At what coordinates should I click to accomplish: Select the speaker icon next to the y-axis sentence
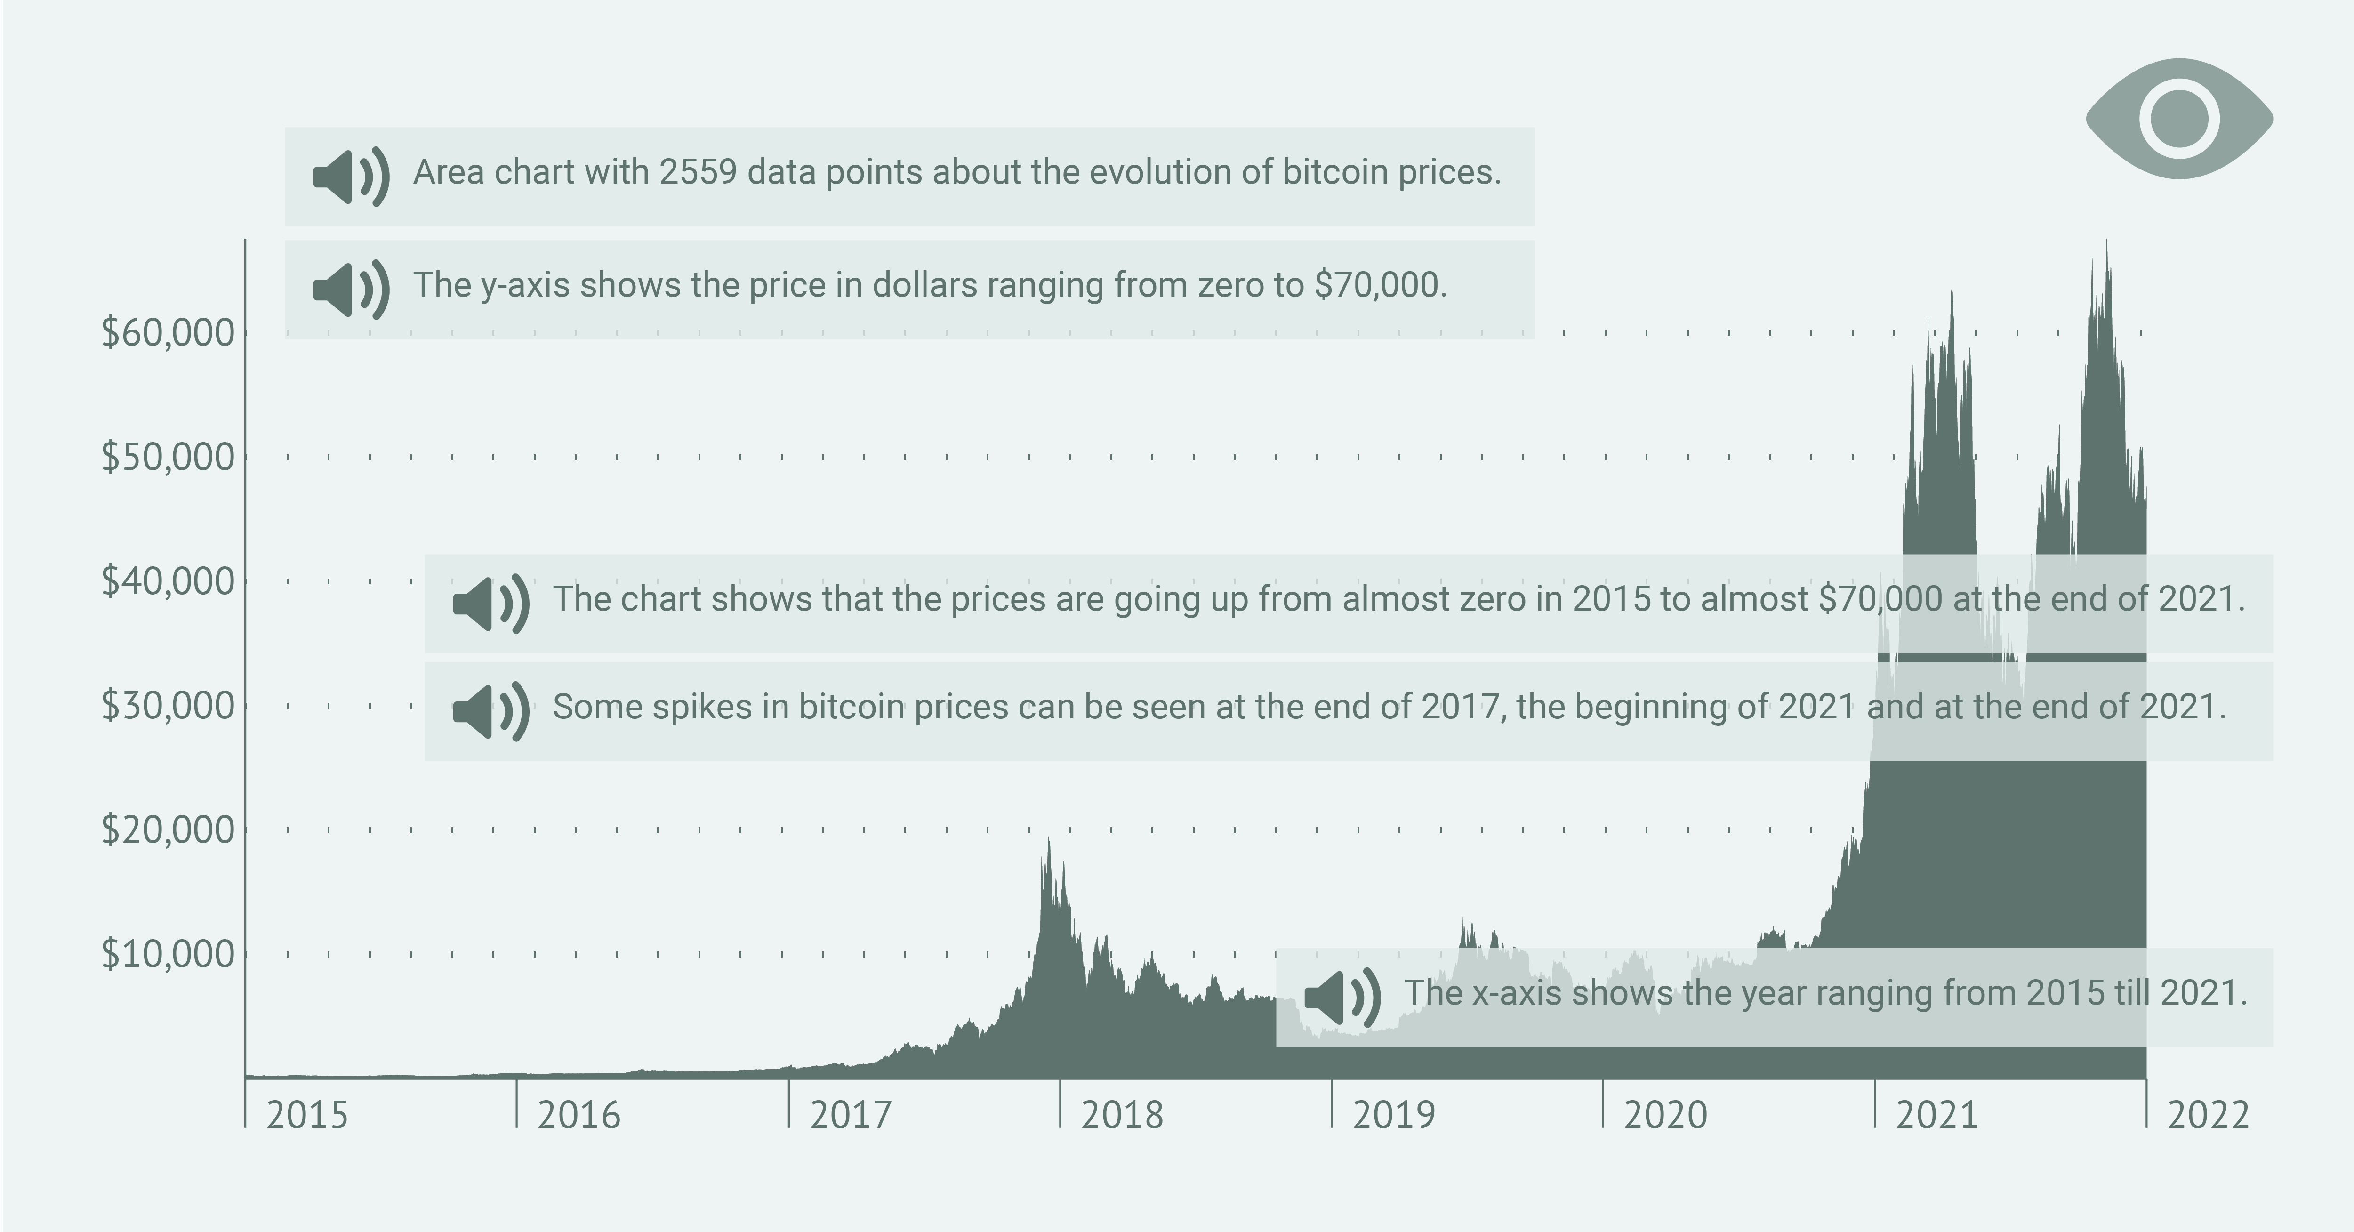point(351,289)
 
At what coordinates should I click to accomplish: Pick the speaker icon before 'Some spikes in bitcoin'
point(491,710)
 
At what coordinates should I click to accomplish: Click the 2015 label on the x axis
point(307,1116)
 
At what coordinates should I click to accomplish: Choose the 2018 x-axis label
point(1122,1116)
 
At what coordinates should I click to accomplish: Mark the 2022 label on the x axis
point(2208,1116)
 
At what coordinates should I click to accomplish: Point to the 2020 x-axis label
point(1665,1116)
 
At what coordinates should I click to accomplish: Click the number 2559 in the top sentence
point(698,172)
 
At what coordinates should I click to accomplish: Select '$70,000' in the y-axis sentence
point(1380,285)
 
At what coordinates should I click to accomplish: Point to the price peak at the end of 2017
point(1048,841)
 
